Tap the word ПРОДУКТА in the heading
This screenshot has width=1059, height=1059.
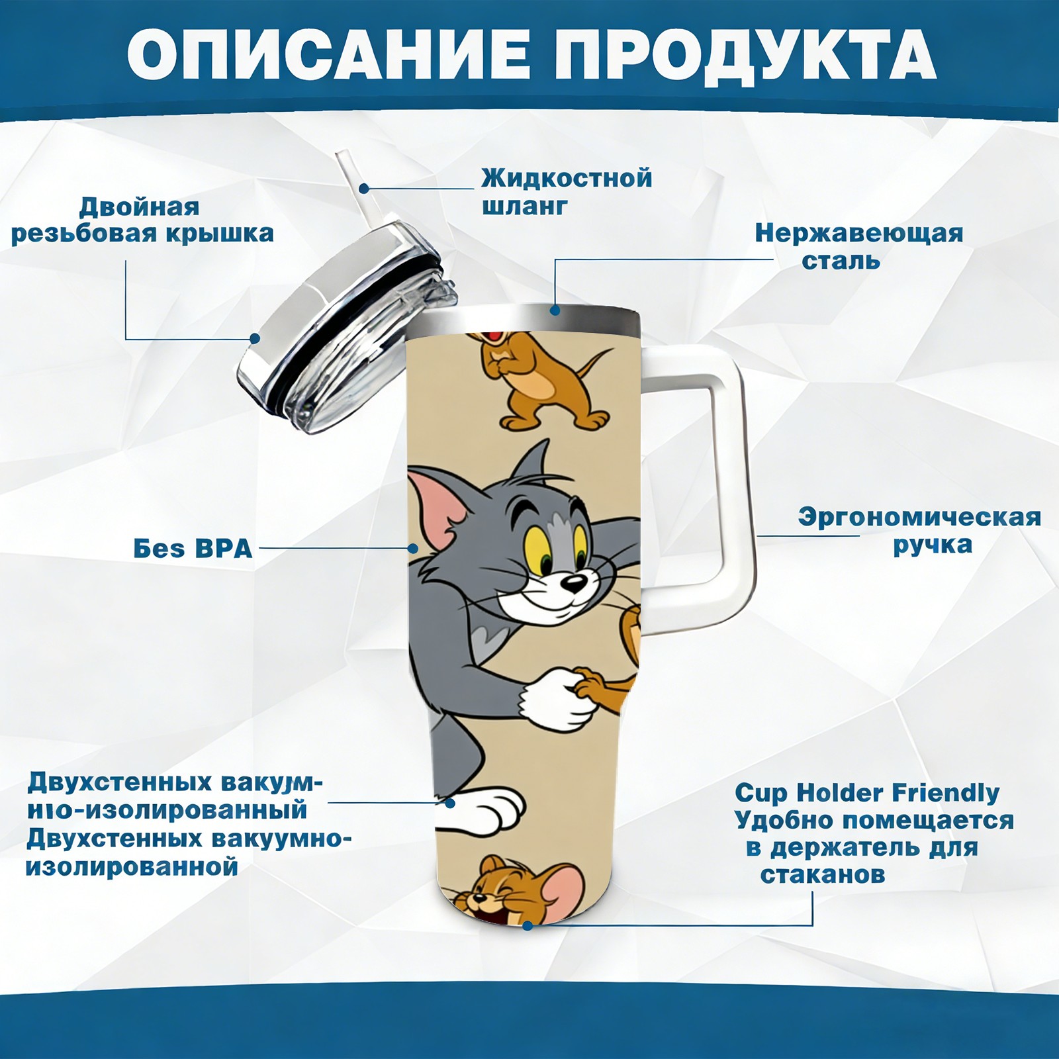pos(745,56)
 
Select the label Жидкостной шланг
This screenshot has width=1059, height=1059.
pos(567,192)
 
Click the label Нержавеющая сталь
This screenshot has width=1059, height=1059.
pos(859,246)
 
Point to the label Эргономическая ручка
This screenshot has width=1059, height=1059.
pos(919,530)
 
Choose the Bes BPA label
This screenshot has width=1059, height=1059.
pos(193,549)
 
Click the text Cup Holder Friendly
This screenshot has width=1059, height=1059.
pos(867,792)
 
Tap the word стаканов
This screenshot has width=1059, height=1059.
pos(822,875)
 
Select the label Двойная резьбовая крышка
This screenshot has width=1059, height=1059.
pos(142,220)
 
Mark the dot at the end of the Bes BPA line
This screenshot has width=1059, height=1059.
pos(413,549)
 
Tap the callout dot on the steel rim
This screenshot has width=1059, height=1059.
pos(555,309)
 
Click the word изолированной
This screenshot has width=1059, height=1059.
pos(131,866)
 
